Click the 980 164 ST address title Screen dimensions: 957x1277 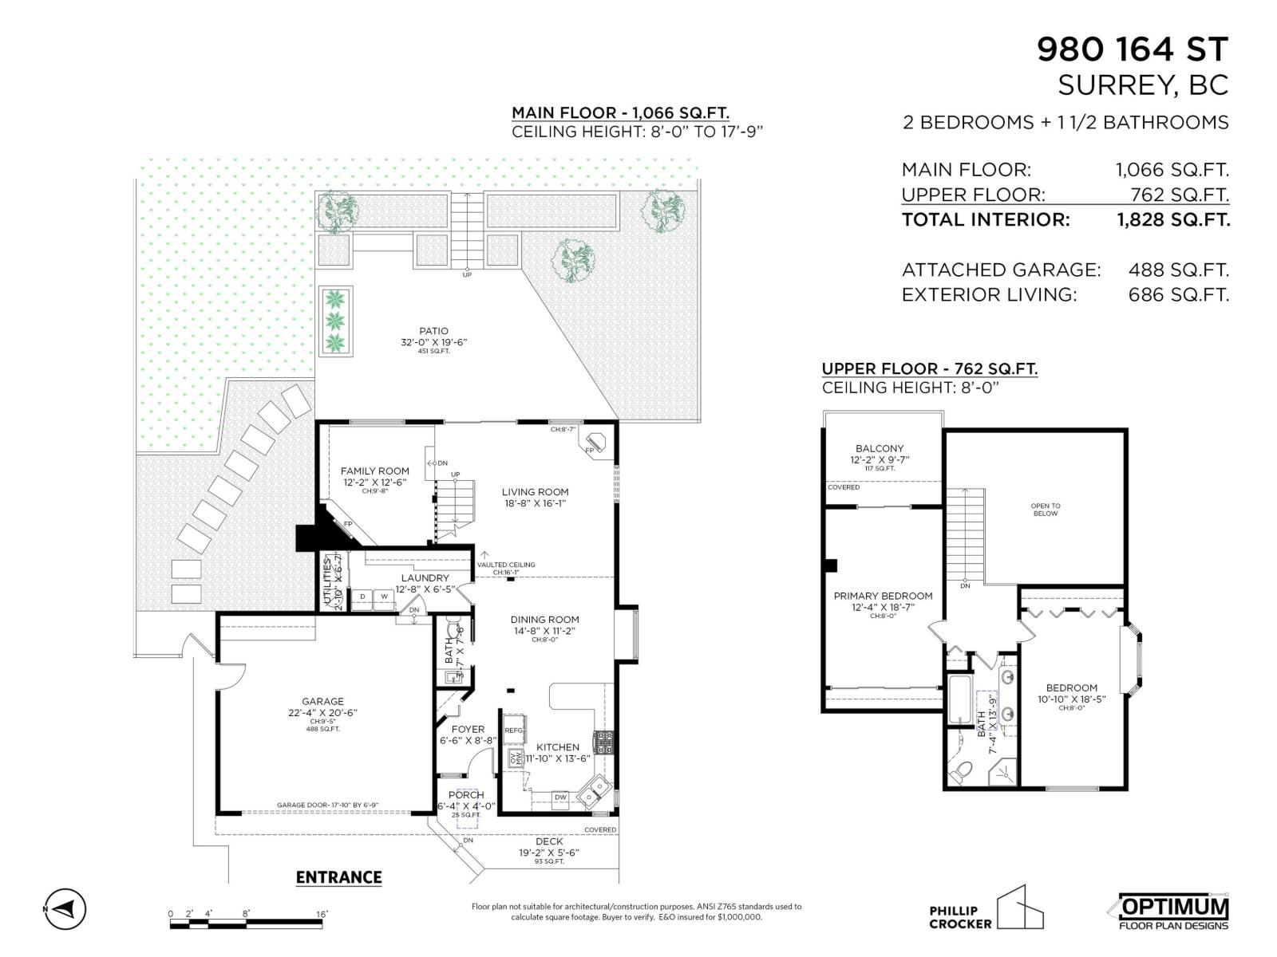tap(1132, 49)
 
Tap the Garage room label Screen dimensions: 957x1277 tap(322, 702)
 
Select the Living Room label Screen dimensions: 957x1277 tap(535, 492)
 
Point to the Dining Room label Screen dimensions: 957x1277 tap(545, 620)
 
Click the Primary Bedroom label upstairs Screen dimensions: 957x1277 tap(883, 596)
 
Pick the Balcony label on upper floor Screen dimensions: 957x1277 tap(880, 449)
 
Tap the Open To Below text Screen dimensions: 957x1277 tap(1045, 510)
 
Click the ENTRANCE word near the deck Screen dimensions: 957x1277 tap(338, 877)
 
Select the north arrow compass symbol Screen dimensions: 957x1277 tap(64, 908)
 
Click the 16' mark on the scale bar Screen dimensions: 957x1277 tap(322, 914)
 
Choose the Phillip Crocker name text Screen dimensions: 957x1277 tap(959, 917)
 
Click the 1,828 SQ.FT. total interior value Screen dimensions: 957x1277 tap(1173, 220)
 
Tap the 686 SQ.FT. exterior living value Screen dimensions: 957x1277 tap(1178, 294)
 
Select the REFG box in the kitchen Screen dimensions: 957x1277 tap(513, 730)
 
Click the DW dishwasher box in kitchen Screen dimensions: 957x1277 tap(561, 797)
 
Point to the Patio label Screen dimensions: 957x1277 tap(433, 331)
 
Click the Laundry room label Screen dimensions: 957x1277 tap(425, 578)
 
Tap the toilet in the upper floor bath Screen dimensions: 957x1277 tap(963, 770)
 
